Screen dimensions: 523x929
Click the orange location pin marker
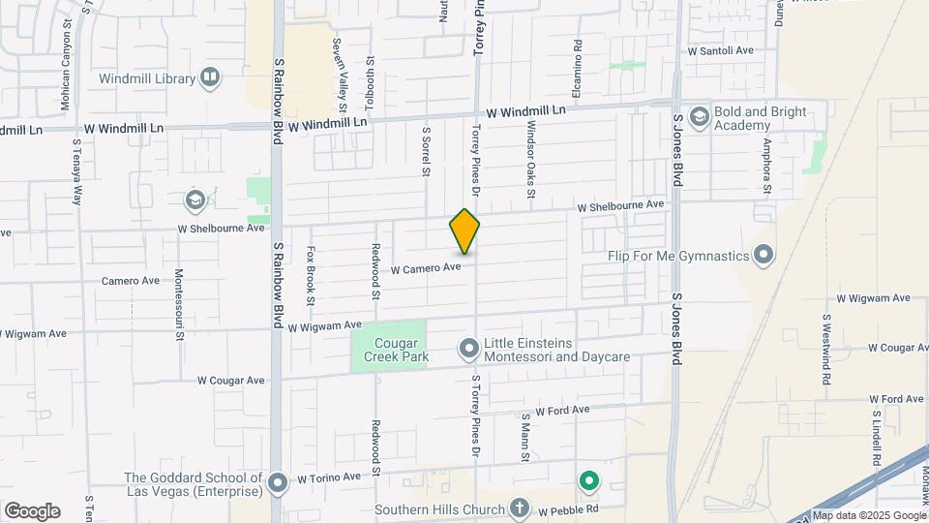pyautogui.click(x=464, y=232)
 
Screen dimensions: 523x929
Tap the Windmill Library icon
pyautogui.click(x=210, y=78)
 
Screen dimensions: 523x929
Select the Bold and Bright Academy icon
pyautogui.click(x=698, y=117)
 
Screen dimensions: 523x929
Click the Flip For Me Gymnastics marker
pyautogui.click(x=764, y=256)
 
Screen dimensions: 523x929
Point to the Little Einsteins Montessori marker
pyautogui.click(x=469, y=347)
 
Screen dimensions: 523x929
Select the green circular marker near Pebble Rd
pyautogui.click(x=587, y=480)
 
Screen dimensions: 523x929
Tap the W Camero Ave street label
pyautogui.click(x=425, y=267)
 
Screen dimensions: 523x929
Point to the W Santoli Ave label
pyautogui.click(x=720, y=50)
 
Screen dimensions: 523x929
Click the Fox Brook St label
pyautogui.click(x=312, y=274)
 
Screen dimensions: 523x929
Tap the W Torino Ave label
pyautogui.click(x=329, y=477)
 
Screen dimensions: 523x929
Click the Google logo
pyautogui.click(x=32, y=511)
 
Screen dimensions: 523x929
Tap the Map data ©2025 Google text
pyautogui.click(x=868, y=515)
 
